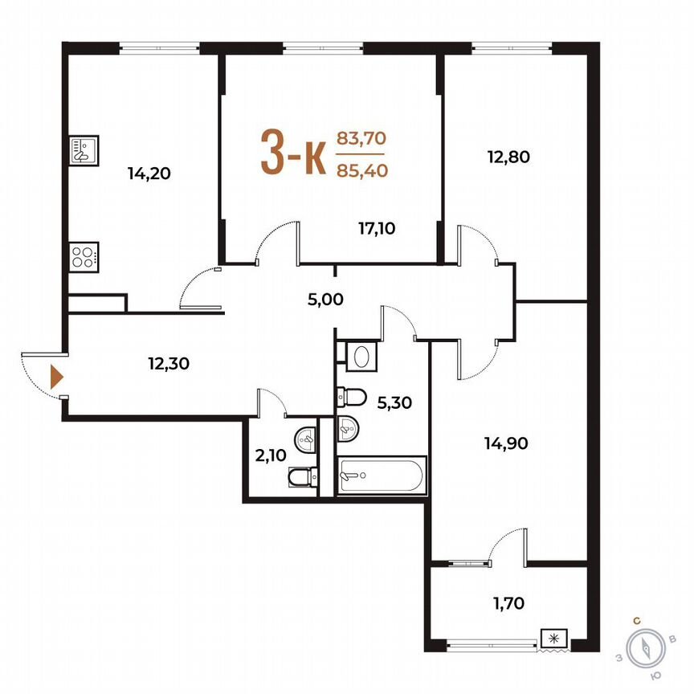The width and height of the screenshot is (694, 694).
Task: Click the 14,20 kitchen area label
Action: click(x=150, y=173)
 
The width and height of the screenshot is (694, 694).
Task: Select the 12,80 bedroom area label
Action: click(x=508, y=157)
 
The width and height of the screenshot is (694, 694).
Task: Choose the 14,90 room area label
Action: click(x=506, y=443)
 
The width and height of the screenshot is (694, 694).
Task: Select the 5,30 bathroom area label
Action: click(x=394, y=403)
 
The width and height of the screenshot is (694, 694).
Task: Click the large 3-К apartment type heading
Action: click(x=292, y=153)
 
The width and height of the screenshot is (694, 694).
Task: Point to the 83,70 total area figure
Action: click(x=361, y=138)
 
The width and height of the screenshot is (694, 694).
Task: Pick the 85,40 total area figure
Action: click(x=361, y=169)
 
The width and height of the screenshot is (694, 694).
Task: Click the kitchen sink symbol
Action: click(x=84, y=150)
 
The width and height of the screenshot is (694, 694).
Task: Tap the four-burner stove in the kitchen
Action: click(x=84, y=257)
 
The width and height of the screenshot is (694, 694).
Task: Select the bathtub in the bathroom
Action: click(x=382, y=476)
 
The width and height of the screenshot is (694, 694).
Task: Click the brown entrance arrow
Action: click(x=56, y=376)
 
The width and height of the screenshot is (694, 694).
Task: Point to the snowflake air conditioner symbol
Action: click(x=553, y=639)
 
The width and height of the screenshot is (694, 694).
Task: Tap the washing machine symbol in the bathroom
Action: click(x=357, y=356)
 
